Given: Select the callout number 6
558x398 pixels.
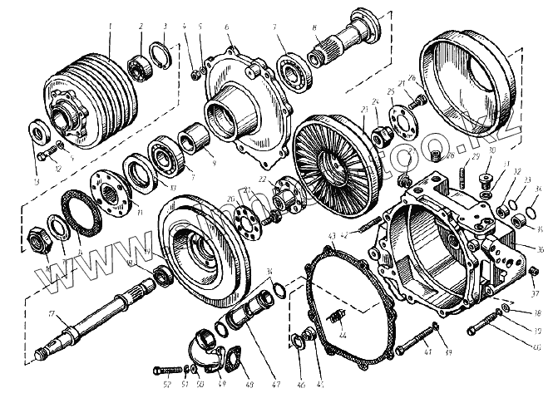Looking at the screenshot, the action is pos(227,27).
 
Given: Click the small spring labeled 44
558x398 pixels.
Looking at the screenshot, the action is pos(338,316).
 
